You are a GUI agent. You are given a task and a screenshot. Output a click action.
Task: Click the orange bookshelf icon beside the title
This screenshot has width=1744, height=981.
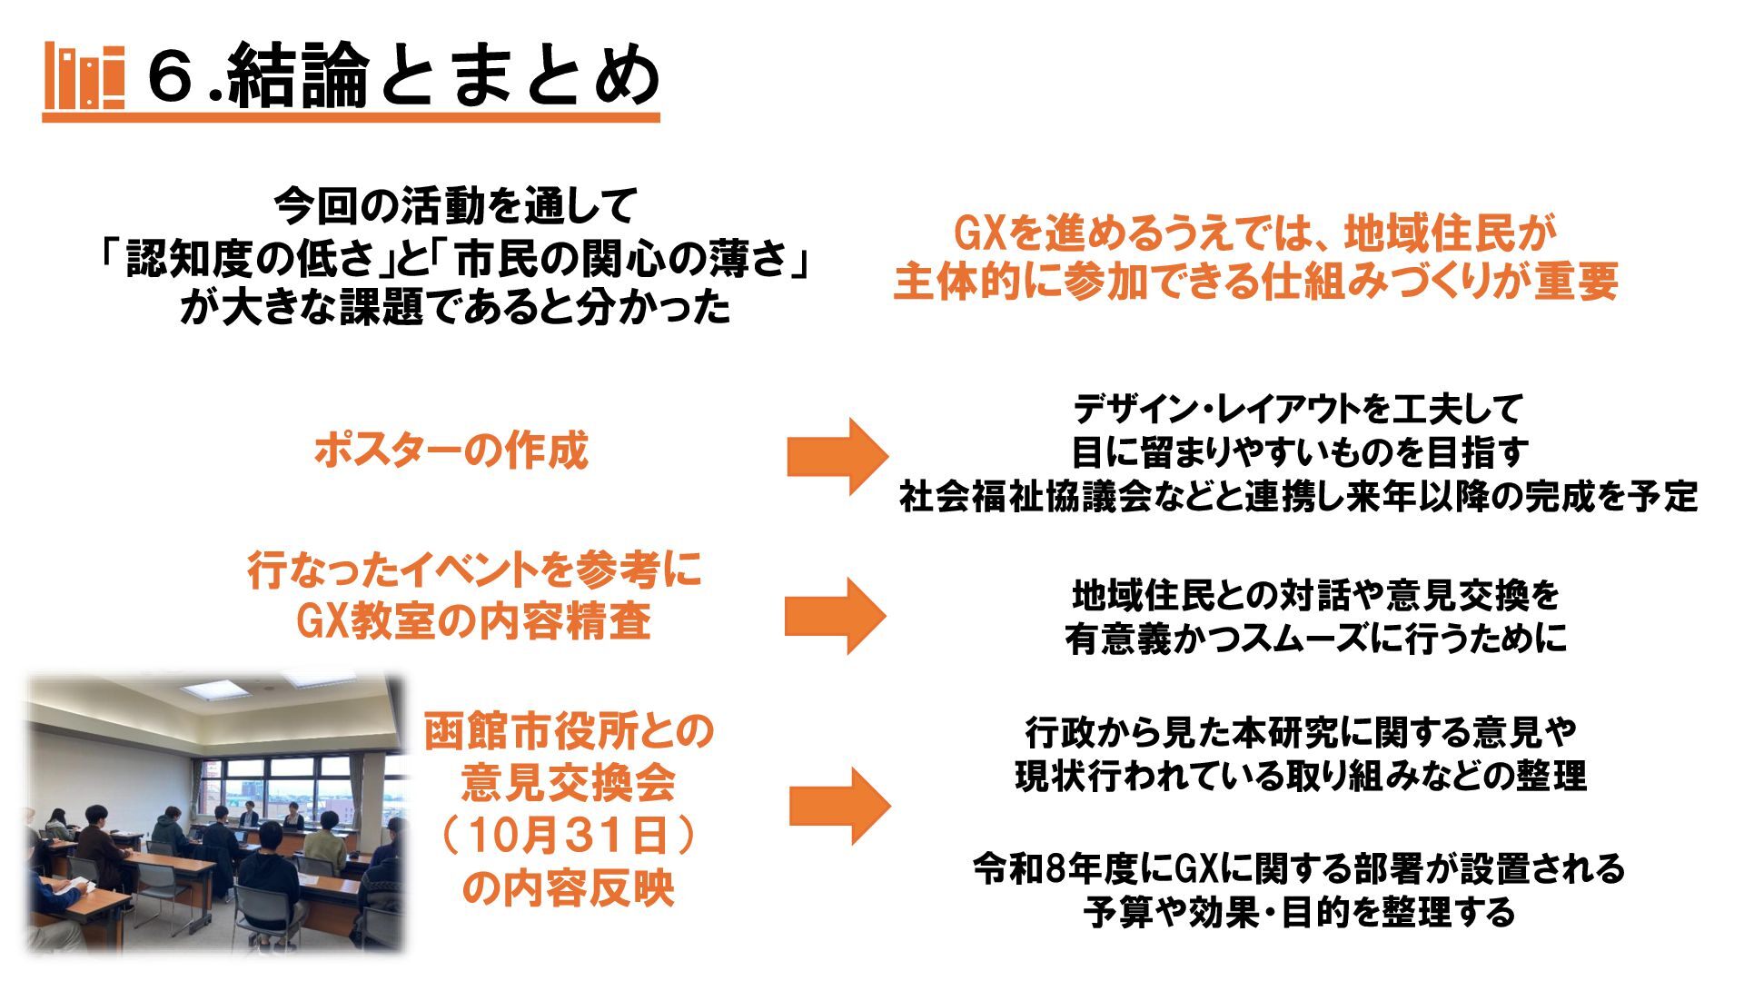[x=84, y=76]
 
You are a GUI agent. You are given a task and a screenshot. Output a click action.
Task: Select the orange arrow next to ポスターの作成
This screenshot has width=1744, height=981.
[x=837, y=456]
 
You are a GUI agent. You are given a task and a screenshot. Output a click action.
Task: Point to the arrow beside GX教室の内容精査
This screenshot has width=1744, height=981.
[x=835, y=615]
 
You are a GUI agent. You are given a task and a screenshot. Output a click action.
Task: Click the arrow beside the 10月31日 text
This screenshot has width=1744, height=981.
[x=838, y=806]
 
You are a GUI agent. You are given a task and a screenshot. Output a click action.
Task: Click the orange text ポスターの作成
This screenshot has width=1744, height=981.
[x=451, y=451]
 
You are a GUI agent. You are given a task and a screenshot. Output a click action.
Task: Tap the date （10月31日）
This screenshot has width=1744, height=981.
[x=569, y=836]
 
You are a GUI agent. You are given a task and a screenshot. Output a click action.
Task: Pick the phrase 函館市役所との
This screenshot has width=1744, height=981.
[x=569, y=732]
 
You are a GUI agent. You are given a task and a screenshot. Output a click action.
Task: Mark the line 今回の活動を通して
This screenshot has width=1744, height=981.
[x=456, y=208]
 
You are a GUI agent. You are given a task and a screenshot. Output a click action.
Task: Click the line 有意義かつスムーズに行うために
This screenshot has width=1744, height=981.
[x=1316, y=639]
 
